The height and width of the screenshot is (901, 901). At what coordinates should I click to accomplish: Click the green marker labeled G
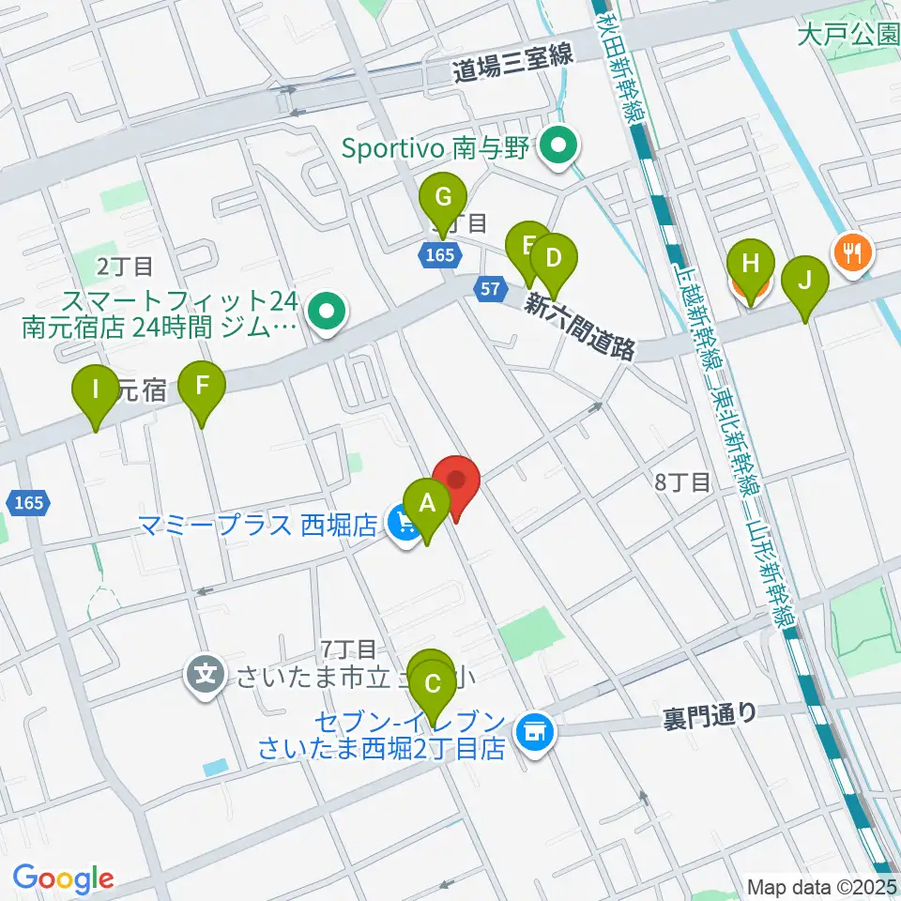tap(444, 199)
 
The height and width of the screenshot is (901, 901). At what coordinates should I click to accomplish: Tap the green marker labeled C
tap(433, 683)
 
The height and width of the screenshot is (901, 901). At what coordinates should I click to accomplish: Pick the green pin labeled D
tap(553, 257)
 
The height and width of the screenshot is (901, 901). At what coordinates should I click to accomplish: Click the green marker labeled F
tap(203, 385)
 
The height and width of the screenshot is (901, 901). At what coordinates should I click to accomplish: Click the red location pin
tap(457, 481)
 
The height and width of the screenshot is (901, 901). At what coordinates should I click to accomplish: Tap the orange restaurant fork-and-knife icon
tap(852, 252)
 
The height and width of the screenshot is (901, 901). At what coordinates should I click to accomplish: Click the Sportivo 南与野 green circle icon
tap(561, 146)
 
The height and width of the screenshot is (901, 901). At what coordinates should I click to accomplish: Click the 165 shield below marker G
tap(438, 254)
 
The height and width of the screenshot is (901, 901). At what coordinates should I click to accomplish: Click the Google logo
tap(63, 878)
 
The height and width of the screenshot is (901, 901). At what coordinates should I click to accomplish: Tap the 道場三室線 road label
tap(512, 59)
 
